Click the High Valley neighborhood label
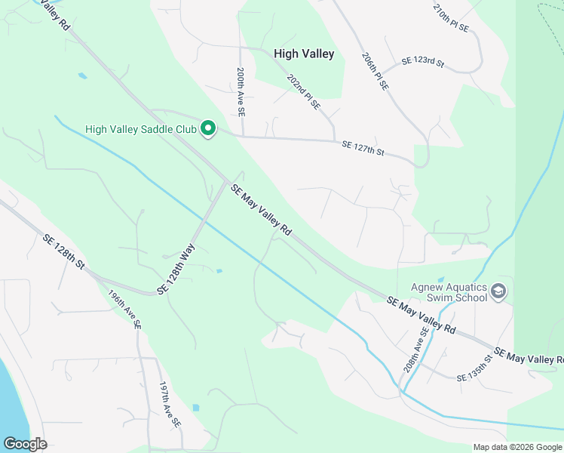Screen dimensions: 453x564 coord(304,54)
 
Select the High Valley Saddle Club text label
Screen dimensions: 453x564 coord(141,129)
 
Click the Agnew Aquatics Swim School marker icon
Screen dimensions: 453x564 coord(498,291)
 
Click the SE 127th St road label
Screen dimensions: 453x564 coord(363,148)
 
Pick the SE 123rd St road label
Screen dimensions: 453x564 coord(423,61)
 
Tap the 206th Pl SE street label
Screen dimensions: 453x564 coord(375,72)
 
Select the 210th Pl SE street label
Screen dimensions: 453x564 coord(451,18)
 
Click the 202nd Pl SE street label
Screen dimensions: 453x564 coord(303,91)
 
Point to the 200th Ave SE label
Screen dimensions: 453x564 coord(240,91)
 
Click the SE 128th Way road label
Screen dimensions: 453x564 coord(176,269)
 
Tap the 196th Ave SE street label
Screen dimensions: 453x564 coord(124,310)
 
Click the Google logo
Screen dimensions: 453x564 coord(25,444)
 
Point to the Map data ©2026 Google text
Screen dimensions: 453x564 coord(517,447)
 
